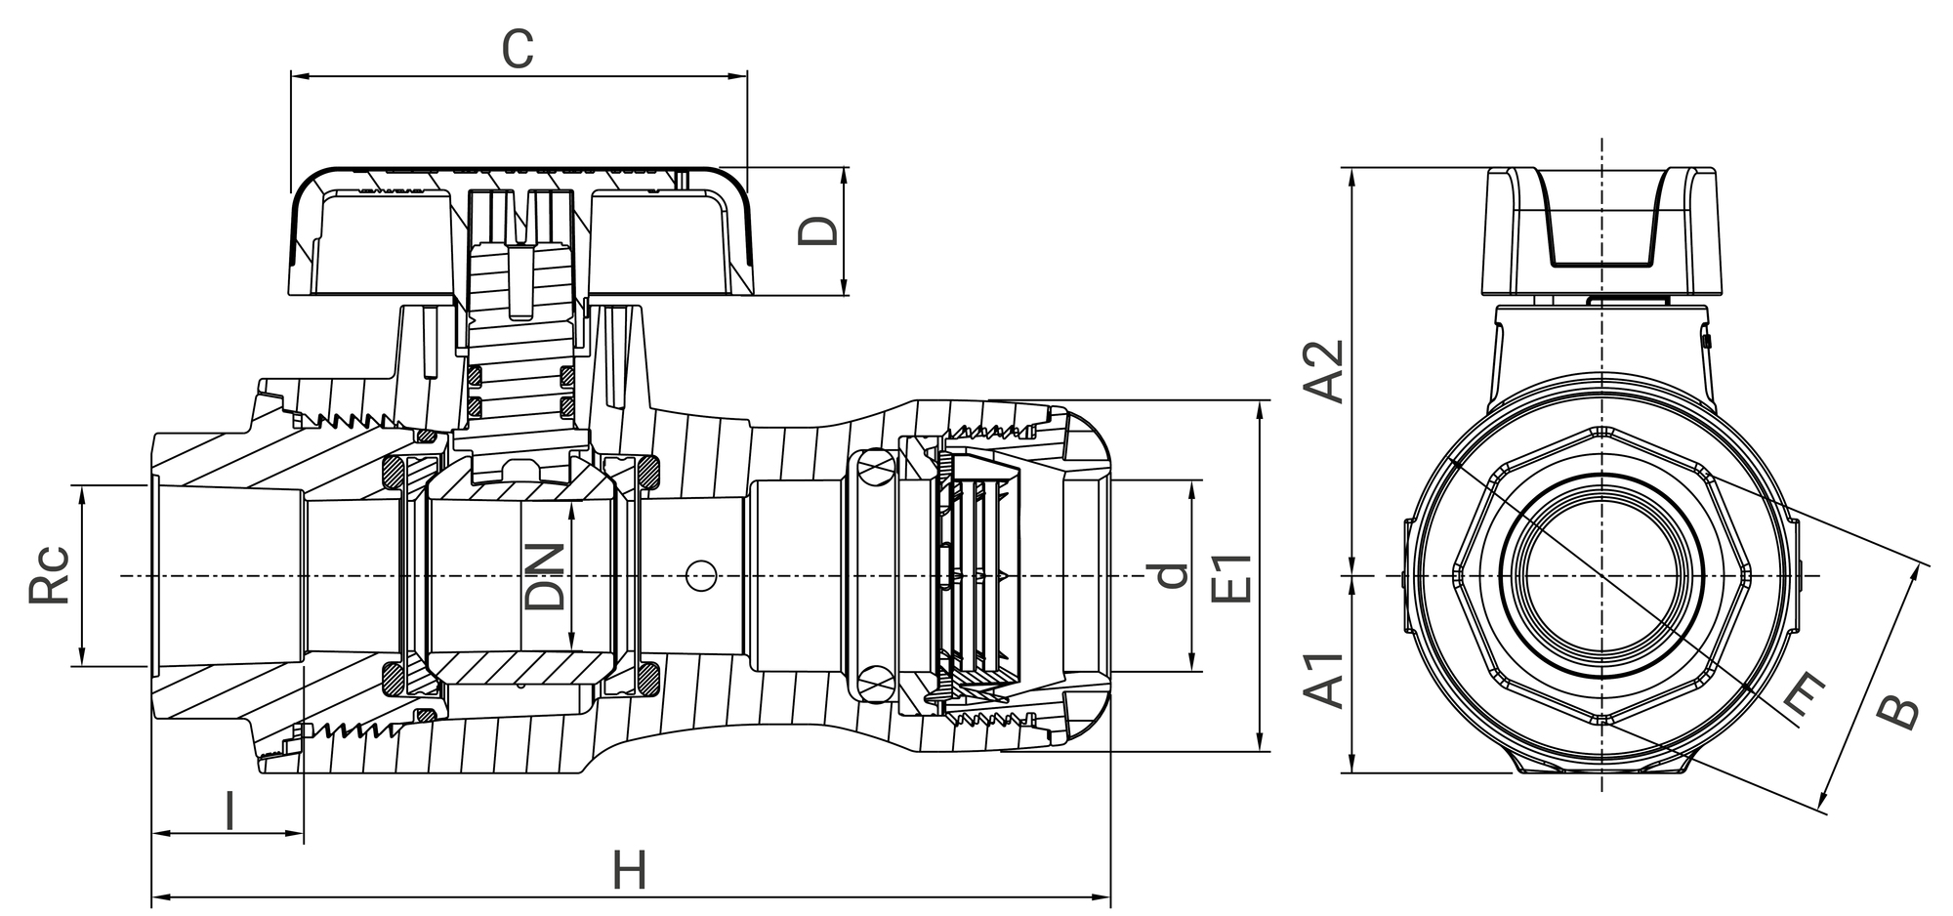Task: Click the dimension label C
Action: pyautogui.click(x=518, y=50)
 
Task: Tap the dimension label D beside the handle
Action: pyautogui.click(x=817, y=230)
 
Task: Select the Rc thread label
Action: pyautogui.click(x=49, y=574)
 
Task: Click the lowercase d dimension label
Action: pyautogui.click(x=1170, y=576)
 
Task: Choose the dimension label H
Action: pyautogui.click(x=630, y=870)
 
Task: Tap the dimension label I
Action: pyautogui.click(x=230, y=812)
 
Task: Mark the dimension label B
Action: pyautogui.click(x=1899, y=712)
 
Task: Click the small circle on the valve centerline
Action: pyautogui.click(x=699, y=576)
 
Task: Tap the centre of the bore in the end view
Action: pyautogui.click(x=1601, y=576)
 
